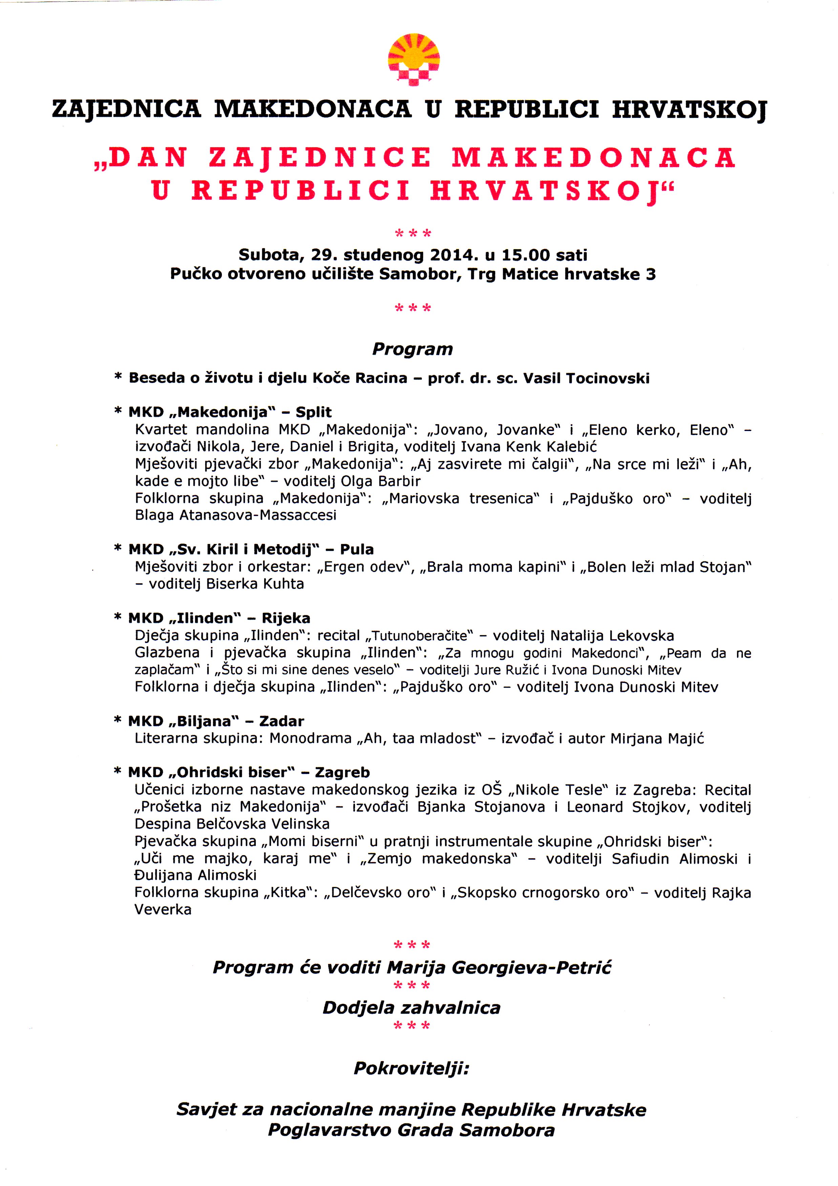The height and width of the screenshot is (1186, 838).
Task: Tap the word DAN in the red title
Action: [x=142, y=157]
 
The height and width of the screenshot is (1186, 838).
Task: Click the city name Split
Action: [x=314, y=412]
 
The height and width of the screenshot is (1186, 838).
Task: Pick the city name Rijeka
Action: [x=286, y=618]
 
